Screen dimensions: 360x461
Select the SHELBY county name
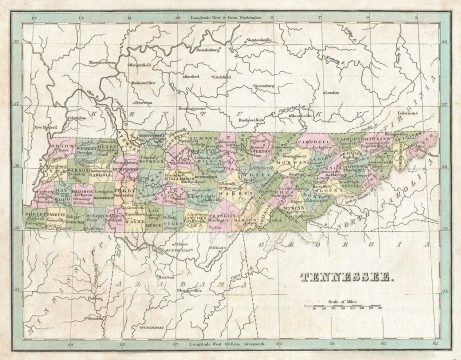coord(31,212)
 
